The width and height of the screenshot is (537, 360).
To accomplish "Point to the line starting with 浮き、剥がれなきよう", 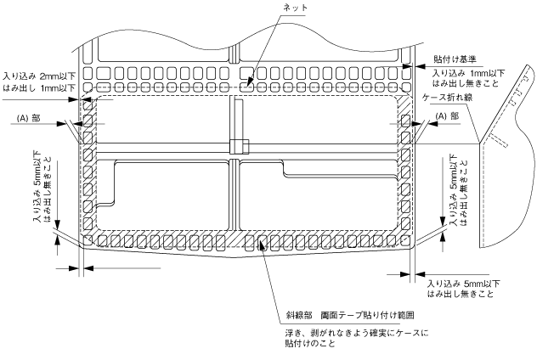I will tap(356, 333).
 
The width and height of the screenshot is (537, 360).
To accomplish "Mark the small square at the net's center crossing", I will tap(237, 146).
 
